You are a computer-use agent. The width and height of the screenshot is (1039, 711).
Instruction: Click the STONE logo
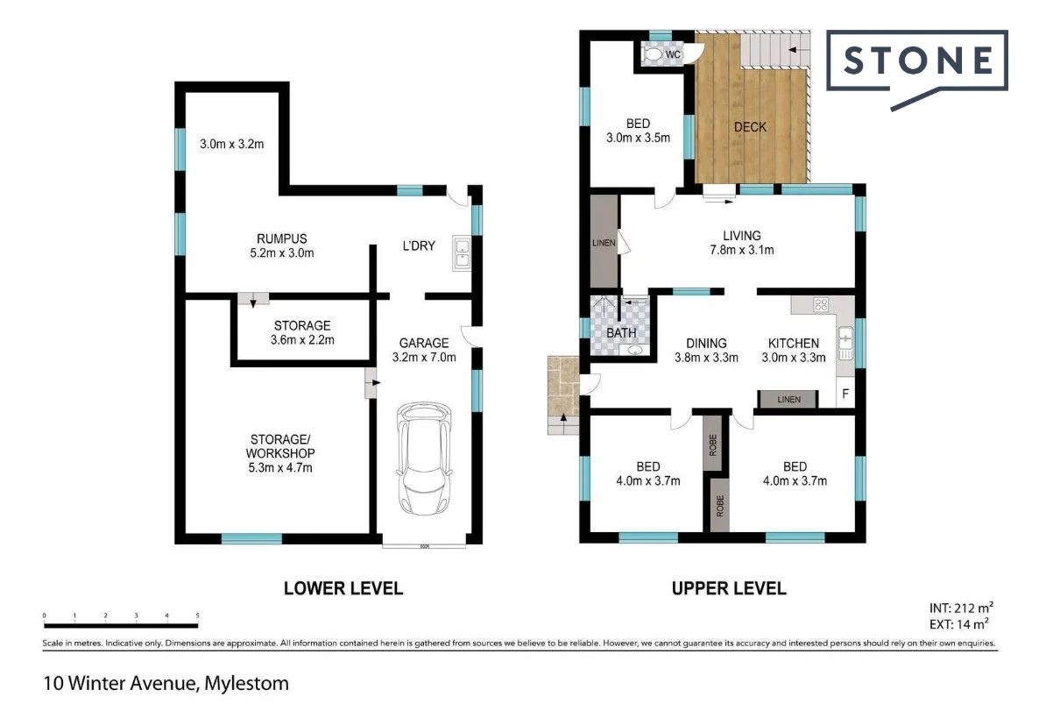click(x=917, y=61)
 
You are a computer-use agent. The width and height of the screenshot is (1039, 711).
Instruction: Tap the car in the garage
click(x=426, y=459)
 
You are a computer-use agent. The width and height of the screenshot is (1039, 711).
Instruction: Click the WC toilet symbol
click(x=654, y=54)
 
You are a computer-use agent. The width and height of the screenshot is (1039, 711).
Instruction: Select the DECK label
click(x=750, y=127)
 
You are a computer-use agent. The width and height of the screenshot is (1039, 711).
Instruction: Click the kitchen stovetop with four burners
click(x=822, y=305)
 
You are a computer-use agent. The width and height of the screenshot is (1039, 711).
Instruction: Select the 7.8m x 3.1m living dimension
click(x=741, y=250)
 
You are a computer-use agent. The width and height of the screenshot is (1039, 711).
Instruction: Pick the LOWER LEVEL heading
click(x=343, y=588)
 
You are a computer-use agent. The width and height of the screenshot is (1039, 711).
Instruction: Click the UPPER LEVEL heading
click(x=729, y=588)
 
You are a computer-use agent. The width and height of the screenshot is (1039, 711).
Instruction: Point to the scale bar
click(x=121, y=624)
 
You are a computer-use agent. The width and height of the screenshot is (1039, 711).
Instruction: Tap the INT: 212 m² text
click(x=959, y=607)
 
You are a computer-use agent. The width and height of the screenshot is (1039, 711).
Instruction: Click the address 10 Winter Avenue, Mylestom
click(x=166, y=681)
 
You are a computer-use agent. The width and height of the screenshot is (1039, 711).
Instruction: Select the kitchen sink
click(x=845, y=343)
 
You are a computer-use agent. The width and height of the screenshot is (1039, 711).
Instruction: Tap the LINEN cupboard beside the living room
click(x=604, y=242)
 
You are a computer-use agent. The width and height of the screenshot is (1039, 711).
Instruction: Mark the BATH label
click(x=621, y=333)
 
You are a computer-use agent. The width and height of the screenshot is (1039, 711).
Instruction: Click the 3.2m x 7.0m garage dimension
click(x=424, y=358)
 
